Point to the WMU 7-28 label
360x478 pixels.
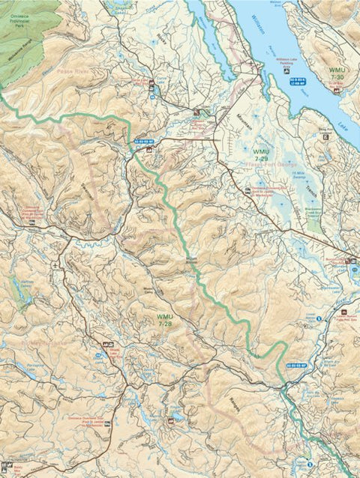[165, 321]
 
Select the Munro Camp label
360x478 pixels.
[148, 292]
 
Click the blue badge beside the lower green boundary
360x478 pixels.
[296, 366]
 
